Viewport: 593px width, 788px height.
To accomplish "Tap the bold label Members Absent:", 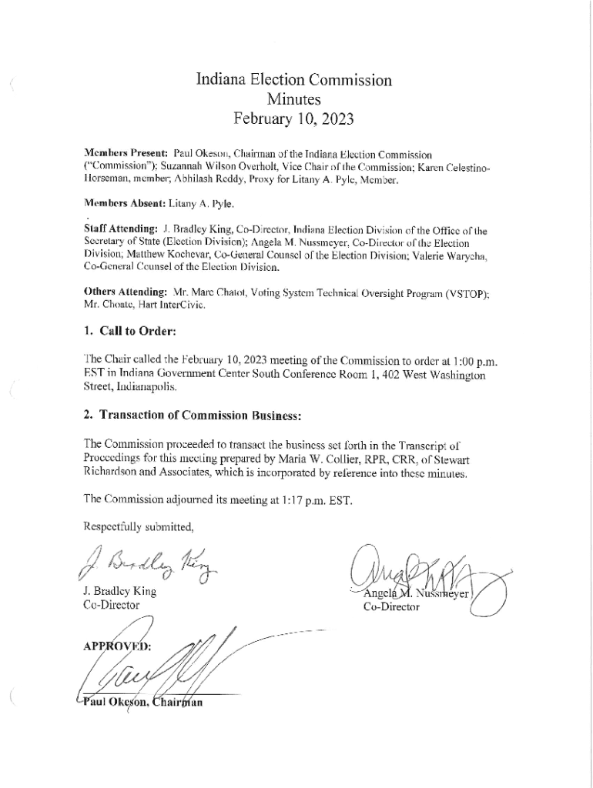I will click(x=124, y=205).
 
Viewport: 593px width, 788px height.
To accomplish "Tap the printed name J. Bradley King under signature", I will click(x=119, y=592).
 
